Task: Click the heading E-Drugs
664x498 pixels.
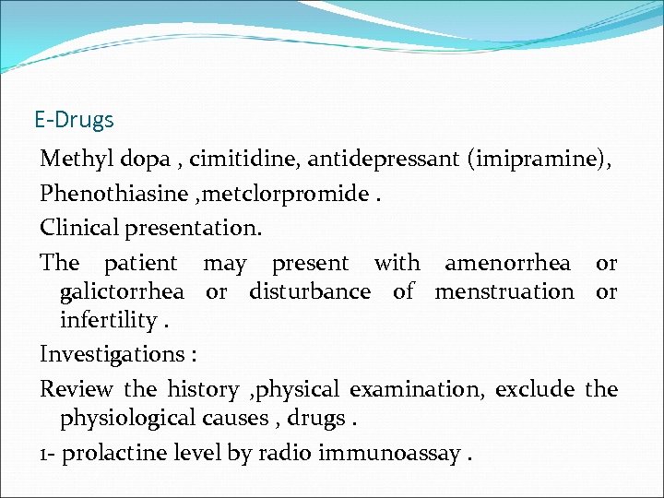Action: pos(74,120)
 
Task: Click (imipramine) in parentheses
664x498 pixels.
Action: pos(539,160)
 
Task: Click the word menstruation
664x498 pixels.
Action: pos(504,292)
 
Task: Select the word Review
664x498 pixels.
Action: pos(76,389)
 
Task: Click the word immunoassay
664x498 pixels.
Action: pos(388,454)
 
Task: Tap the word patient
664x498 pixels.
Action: pos(139,263)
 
